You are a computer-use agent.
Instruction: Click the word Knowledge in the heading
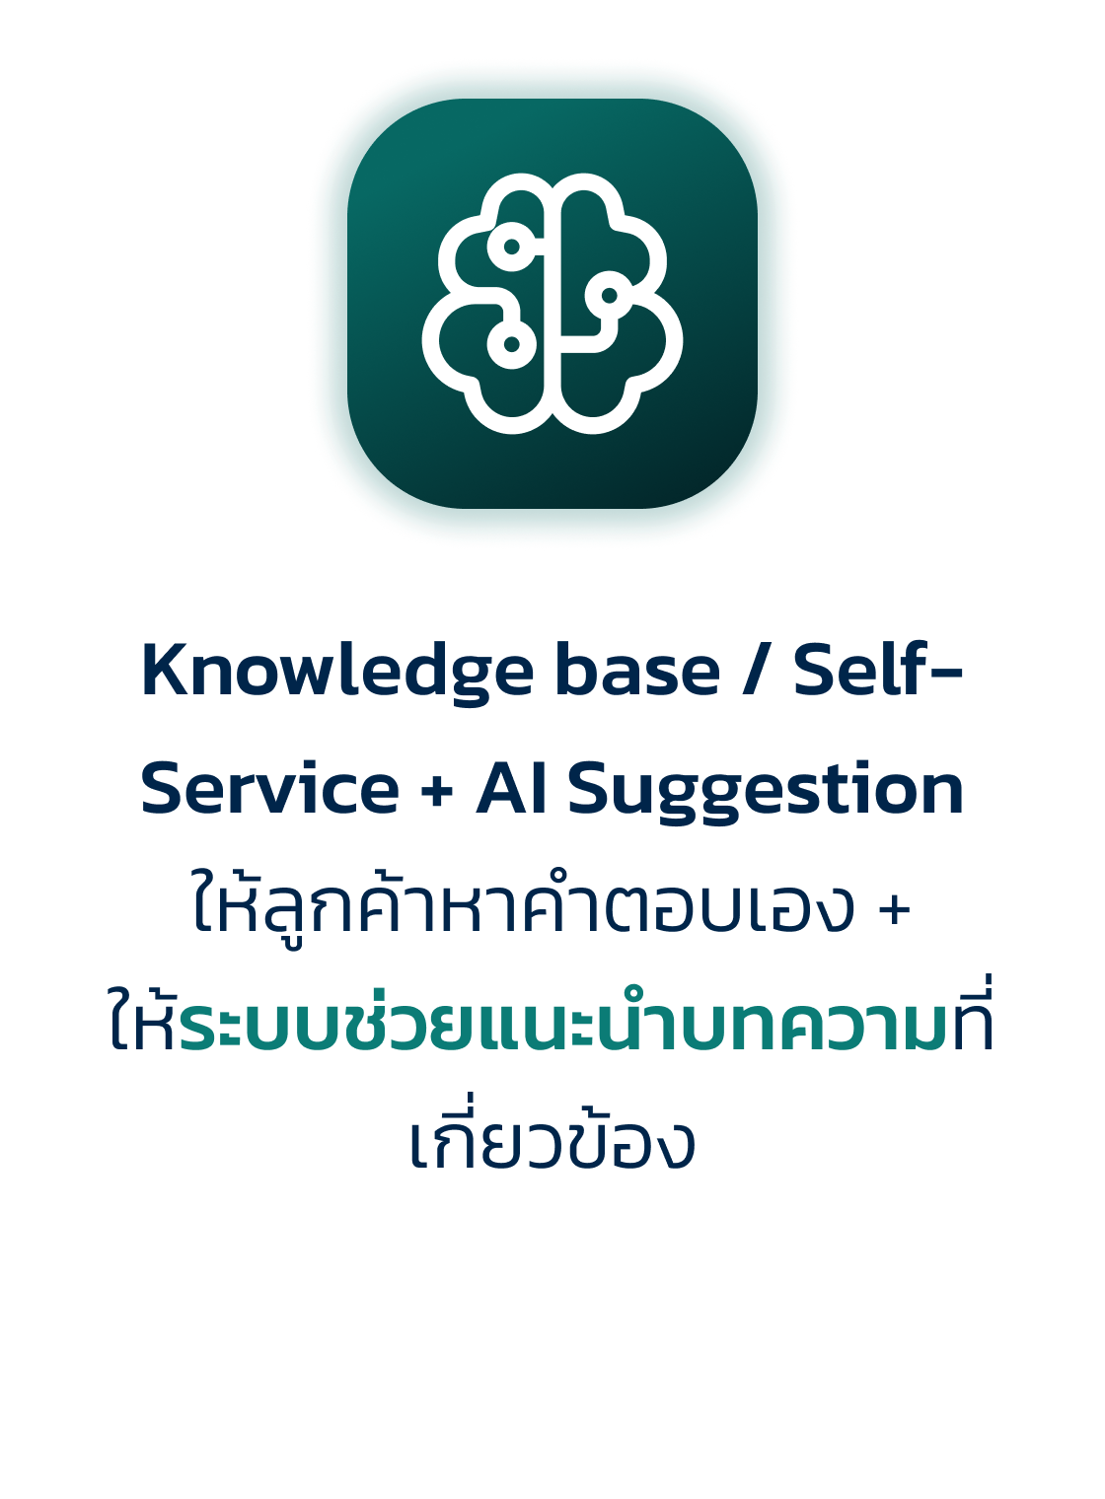[x=337, y=672]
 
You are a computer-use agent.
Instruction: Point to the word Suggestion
[x=766, y=790]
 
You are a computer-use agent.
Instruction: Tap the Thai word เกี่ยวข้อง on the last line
[x=552, y=1135]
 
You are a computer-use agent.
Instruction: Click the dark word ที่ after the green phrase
[x=971, y=1015]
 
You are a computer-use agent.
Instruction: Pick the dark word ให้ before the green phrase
[x=143, y=1016]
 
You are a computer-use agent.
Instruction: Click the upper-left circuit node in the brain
[x=512, y=247]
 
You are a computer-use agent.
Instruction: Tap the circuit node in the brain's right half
[x=609, y=295]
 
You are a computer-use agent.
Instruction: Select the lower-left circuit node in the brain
[x=512, y=344]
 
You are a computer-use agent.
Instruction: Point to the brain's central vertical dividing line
[x=552, y=301]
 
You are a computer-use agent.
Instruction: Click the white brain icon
[x=552, y=303]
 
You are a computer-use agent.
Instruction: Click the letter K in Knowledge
[x=164, y=670]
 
